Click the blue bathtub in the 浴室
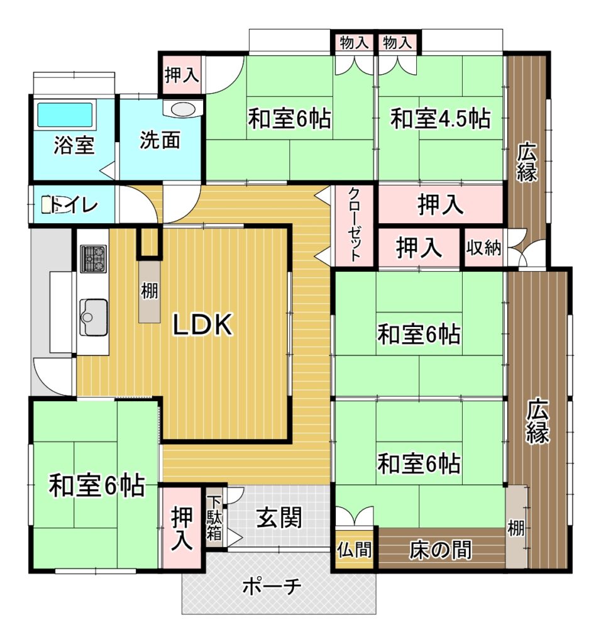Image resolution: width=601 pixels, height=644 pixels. coord(65,114)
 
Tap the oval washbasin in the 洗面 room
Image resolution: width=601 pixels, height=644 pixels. coord(183,109)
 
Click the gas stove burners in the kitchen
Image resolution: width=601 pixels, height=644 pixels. coord(94,258)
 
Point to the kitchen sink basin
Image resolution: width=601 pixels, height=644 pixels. coord(94,318)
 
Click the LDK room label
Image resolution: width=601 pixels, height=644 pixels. coord(203,325)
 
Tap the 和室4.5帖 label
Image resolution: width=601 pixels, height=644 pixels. coord(441,119)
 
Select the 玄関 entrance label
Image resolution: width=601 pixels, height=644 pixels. coord(279,518)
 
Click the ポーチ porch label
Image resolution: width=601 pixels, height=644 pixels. coord(272,587)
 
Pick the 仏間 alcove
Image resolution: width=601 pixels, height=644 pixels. coord(355,549)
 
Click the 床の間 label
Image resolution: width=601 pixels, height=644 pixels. coord(441,550)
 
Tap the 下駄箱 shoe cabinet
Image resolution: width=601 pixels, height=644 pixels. coord(214,517)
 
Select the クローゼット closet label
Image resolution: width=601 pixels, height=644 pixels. coord(355,225)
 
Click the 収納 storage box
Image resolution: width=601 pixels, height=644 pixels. coord(484,248)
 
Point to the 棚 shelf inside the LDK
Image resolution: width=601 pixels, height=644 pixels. coord(149,291)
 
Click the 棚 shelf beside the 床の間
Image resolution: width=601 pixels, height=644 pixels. coord(516,528)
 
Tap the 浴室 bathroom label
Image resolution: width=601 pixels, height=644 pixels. coord(74,145)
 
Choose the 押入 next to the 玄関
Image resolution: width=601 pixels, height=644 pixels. coord(182,528)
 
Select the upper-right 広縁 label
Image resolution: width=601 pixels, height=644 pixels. coord(527,162)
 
